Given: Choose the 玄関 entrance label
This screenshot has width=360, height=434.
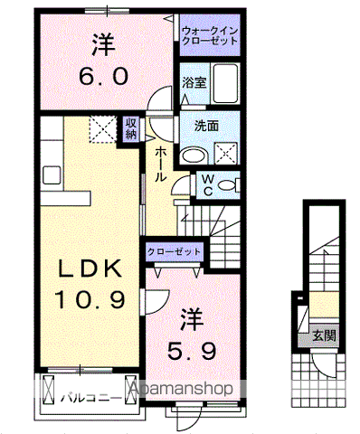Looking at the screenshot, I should click(x=323, y=335).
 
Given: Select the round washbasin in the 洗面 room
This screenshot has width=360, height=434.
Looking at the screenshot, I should click(x=190, y=156).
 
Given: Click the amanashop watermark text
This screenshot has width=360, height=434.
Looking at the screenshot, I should click(x=187, y=389).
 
